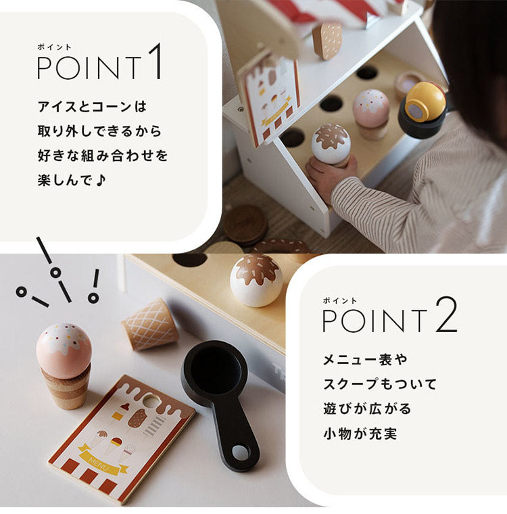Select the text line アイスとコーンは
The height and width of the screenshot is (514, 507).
tap(92, 106)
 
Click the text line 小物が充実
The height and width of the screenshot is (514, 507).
tap(359, 434)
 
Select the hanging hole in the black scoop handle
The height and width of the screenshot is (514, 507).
tap(241, 451)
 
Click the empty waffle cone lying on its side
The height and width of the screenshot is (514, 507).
tap(149, 325)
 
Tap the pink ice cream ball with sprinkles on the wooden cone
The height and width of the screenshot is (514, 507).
tap(64, 350)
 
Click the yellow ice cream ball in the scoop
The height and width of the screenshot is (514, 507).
tap(425, 101)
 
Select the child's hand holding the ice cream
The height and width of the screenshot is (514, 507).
tap(329, 175)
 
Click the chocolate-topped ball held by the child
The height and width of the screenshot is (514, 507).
tap(331, 143)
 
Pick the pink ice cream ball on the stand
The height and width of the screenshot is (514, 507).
tap(371, 108)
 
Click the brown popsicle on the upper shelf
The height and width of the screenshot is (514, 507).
tap(327, 39)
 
